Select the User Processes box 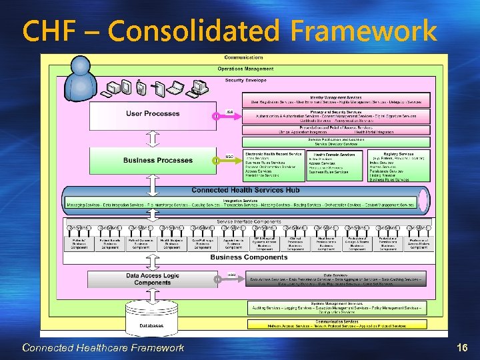[x=153, y=114]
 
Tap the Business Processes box [x=153, y=161]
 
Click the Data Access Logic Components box [x=153, y=279]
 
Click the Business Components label [x=240, y=257]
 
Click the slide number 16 [x=463, y=347]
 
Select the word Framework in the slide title [x=363, y=31]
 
